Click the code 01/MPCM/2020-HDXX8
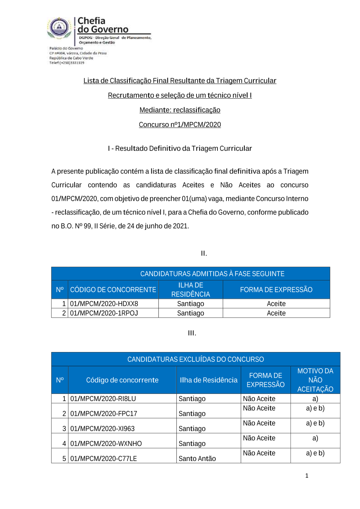pos(104,304)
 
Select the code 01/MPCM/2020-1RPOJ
pos(104,313)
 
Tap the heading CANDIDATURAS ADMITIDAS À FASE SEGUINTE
pos(212,274)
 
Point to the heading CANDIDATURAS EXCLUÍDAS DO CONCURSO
pos(195,359)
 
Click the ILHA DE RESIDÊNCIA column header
pos(190,290)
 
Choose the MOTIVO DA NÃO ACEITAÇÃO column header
pos(315,380)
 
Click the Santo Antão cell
pos(197,459)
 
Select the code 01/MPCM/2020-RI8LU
pos(103,399)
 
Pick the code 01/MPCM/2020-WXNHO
pos(106,444)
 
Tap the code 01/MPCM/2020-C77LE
pos(103,459)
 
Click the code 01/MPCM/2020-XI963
pos(102,429)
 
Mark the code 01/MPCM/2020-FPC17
pos(104,414)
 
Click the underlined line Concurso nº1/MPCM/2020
pos(180,125)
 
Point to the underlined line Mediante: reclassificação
pos(180,110)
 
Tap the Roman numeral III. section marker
pos(192,333)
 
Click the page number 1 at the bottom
pos(307,476)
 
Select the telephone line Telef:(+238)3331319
pos(67,63)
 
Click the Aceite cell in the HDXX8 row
pos(276,304)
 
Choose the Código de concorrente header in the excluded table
pos(122,380)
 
